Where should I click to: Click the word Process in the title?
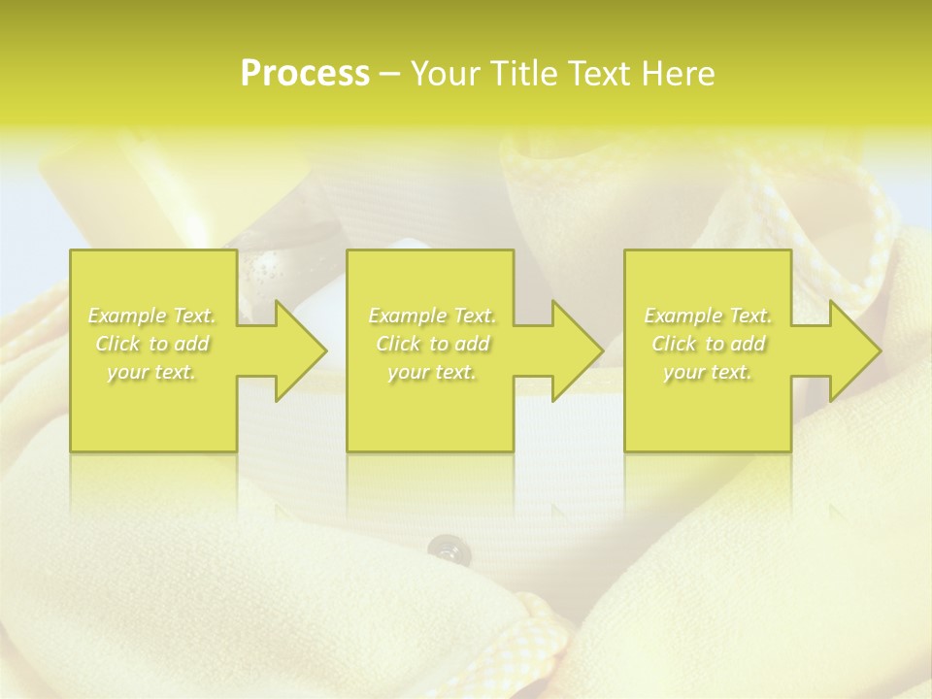point(305,74)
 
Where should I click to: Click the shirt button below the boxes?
point(446,549)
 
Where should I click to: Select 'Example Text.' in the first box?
point(152,316)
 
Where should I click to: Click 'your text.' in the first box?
point(152,372)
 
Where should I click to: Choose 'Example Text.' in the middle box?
point(432,316)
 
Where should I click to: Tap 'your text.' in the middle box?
point(432,372)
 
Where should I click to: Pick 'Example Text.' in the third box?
point(708,316)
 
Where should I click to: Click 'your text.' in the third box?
point(708,372)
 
